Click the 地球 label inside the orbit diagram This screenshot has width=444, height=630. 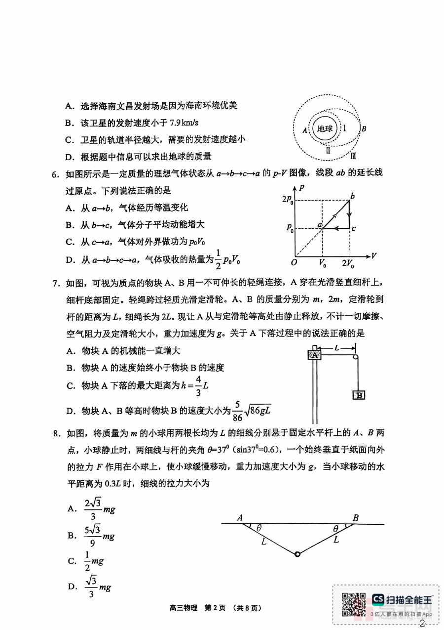pos(325,129)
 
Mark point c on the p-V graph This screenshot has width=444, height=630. pos(354,228)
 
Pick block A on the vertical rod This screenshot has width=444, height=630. pos(314,354)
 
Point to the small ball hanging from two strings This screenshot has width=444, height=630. pos(297,554)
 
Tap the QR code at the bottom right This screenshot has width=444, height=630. pos(354,603)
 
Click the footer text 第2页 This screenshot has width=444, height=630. pos(215,608)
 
